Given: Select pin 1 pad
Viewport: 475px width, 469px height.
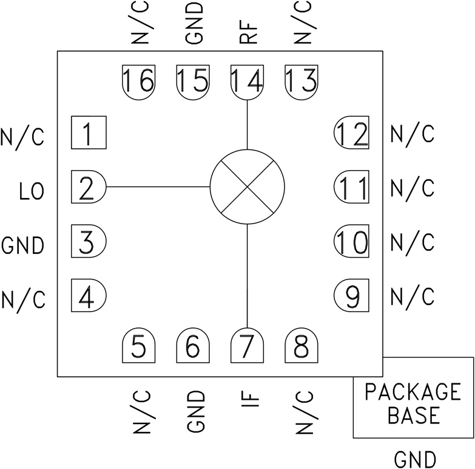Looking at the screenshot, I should pos(89,132).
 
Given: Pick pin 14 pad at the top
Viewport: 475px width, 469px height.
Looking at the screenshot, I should pos(247,81).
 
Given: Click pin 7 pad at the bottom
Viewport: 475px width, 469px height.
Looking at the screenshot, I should pos(247,347).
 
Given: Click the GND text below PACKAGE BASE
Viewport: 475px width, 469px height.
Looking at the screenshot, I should pos(415,459).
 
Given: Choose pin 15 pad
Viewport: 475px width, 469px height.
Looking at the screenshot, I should pos(193,81).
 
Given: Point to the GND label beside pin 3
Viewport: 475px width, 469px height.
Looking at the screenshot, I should pos(23,246).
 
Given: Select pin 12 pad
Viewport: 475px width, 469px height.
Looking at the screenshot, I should pos(352,132).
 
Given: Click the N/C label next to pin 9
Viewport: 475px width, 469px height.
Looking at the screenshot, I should pos(413,296).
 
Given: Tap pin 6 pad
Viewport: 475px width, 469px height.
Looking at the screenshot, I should pos(193,347).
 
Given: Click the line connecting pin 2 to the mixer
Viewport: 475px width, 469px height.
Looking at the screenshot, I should pos(158,187).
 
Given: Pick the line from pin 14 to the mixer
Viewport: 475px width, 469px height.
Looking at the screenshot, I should pos(247,125).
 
